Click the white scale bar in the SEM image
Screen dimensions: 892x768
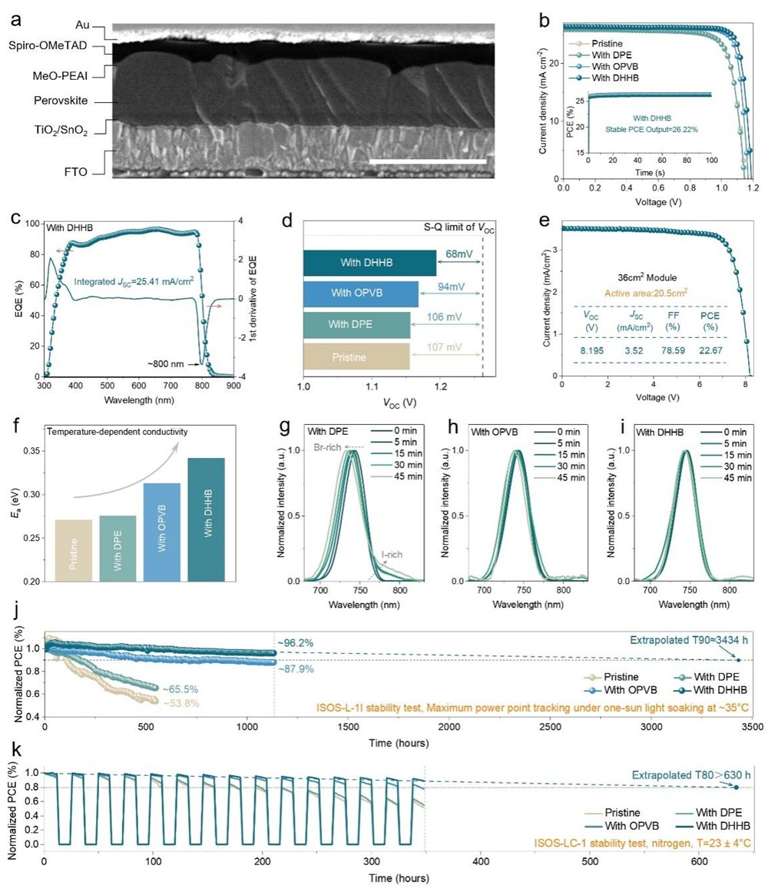pos(428,161)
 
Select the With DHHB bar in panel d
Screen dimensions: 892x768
pos(369,263)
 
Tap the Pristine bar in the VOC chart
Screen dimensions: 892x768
pos(356,357)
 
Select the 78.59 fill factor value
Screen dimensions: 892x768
pos(671,350)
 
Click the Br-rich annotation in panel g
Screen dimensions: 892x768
pos(328,446)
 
